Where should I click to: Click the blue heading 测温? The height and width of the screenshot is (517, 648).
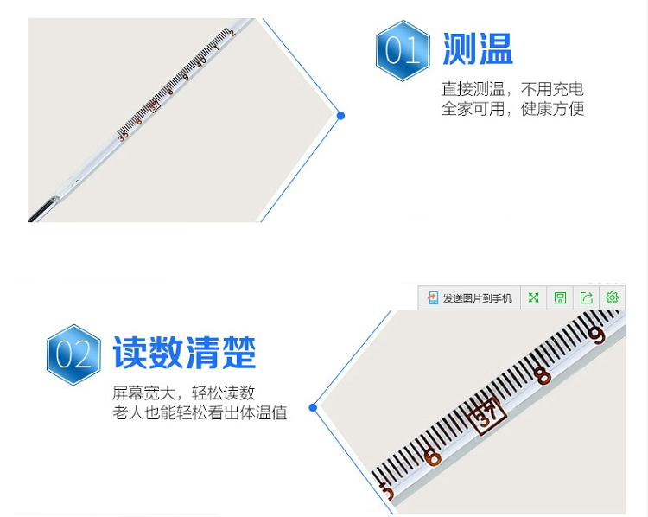(x=478, y=49)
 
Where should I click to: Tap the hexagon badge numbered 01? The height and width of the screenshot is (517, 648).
(x=403, y=51)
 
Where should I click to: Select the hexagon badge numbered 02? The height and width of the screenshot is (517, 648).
(x=73, y=354)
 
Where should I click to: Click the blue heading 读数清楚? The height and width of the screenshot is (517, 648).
(x=184, y=354)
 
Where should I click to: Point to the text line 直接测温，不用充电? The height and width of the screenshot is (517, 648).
(x=513, y=89)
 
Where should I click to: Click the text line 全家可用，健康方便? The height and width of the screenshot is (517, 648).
(x=513, y=109)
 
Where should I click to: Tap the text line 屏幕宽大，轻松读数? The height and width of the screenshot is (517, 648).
(x=184, y=393)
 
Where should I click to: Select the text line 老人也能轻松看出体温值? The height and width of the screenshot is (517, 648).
(x=200, y=413)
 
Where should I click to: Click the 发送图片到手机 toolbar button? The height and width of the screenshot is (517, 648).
(x=470, y=298)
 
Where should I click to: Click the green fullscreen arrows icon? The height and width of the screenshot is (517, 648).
(x=534, y=298)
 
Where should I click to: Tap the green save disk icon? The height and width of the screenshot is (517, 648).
(x=560, y=298)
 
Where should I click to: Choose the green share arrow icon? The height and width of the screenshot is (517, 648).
(x=586, y=298)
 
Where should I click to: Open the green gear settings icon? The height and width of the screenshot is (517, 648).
(x=612, y=298)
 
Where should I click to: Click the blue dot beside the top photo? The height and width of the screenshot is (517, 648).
(x=340, y=115)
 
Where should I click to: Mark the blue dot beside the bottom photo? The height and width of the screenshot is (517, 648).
(x=313, y=407)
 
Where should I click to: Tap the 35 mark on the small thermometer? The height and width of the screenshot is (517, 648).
(x=123, y=135)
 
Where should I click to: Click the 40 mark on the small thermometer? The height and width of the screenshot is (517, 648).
(x=201, y=61)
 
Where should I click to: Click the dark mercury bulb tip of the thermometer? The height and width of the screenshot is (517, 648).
(x=37, y=215)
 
